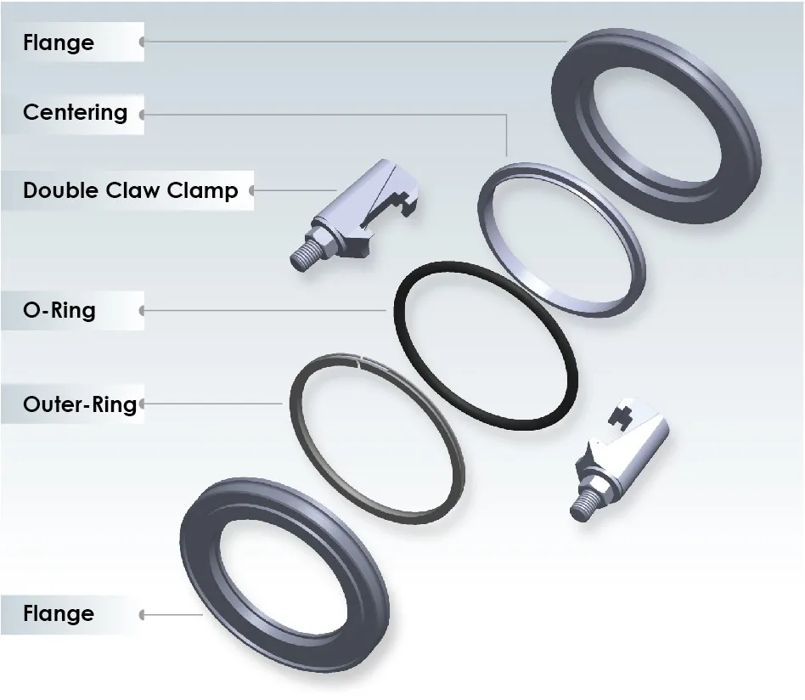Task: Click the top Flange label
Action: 59,42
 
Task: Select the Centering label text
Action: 75,112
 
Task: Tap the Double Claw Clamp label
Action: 130,189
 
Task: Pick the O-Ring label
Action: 59,310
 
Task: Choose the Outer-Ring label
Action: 79,404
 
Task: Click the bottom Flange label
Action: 59,613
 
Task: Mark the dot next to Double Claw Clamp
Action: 252,190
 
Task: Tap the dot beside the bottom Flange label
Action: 142,614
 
